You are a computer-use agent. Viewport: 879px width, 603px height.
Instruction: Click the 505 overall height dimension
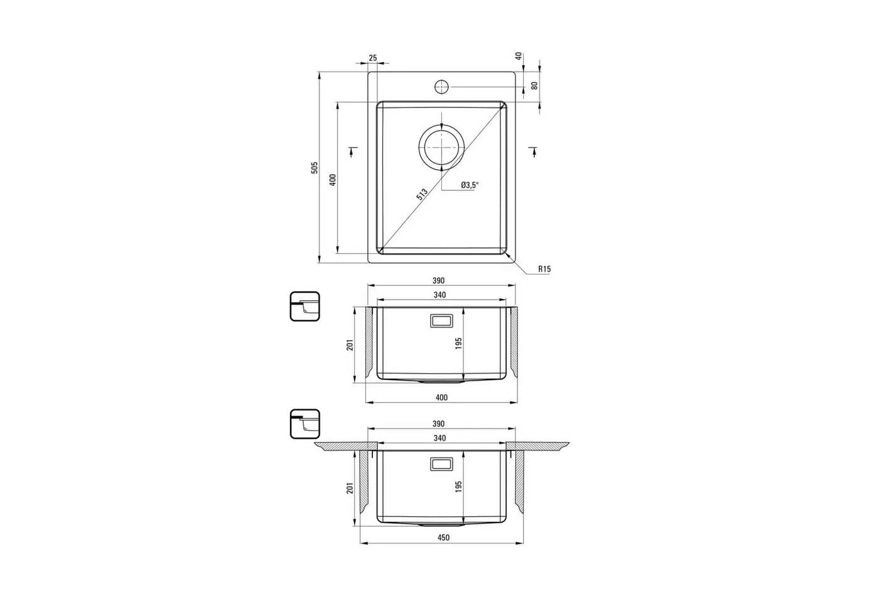click(x=315, y=168)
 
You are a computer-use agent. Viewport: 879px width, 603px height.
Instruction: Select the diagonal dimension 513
click(x=422, y=194)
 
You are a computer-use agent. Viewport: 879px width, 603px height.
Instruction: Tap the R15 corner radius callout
click(x=544, y=269)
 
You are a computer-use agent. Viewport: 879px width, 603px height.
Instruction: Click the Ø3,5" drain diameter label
click(x=470, y=185)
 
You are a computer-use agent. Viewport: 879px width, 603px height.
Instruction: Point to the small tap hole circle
click(x=442, y=87)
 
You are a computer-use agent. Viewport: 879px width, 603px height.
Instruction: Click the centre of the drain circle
click(x=442, y=147)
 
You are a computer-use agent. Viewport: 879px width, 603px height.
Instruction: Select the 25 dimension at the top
click(x=373, y=58)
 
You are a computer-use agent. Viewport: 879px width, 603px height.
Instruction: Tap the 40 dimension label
click(x=519, y=56)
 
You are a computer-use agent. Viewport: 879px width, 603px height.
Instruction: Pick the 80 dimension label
click(x=534, y=85)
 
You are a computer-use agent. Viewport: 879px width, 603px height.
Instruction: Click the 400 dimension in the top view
click(x=333, y=180)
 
